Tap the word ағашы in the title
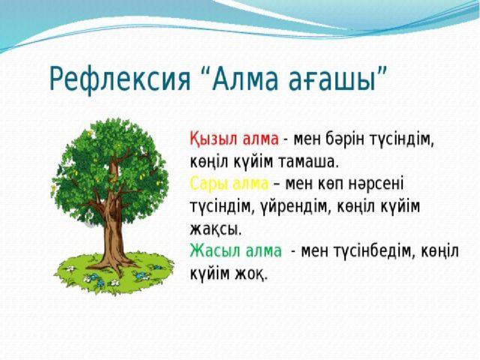coord(332,80)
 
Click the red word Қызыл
coord(214,139)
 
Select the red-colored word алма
coord(260,139)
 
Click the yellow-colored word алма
coord(250,184)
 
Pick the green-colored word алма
coord(263,251)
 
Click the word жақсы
coord(215,229)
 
